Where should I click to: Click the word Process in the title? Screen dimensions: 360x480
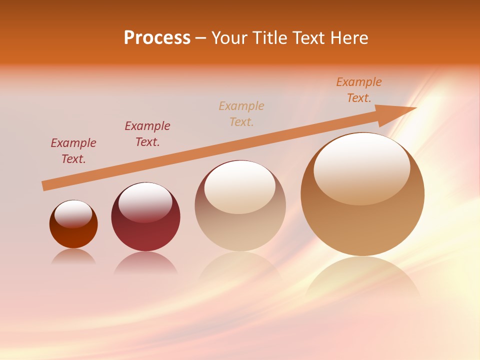click(x=157, y=38)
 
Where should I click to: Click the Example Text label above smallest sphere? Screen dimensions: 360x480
click(x=73, y=151)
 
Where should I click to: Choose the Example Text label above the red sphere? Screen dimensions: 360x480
click(x=147, y=134)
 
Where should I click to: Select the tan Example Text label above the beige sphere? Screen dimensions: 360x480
click(x=241, y=113)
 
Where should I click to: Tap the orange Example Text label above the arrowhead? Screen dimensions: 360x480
click(x=359, y=90)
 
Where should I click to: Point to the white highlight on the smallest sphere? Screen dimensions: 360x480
click(x=73, y=213)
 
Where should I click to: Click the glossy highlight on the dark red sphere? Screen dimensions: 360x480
click(x=145, y=201)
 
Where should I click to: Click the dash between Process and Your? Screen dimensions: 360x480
click(x=201, y=38)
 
